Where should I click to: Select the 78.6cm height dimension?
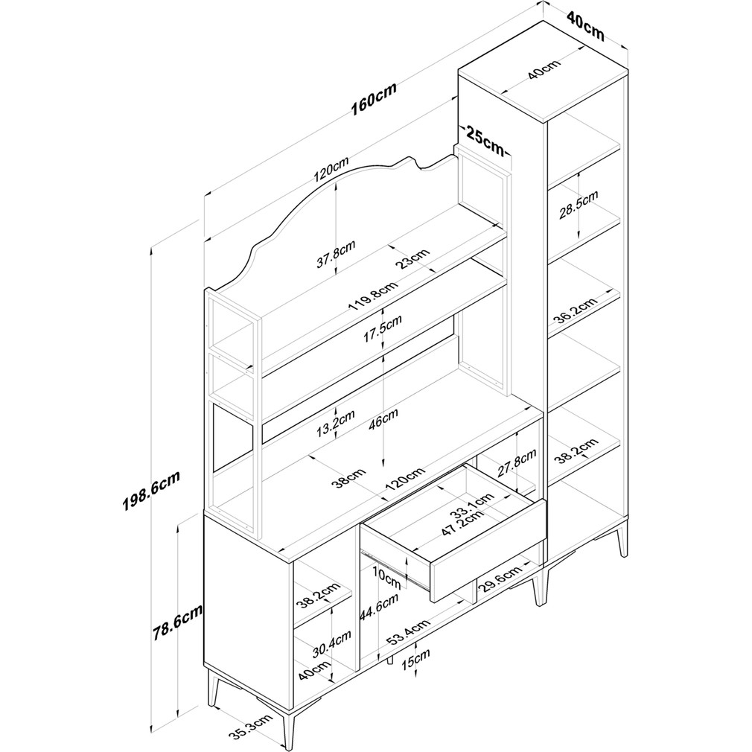(178, 622)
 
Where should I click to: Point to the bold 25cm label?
(485, 139)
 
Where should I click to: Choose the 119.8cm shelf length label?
(373, 296)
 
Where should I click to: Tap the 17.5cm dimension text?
(383, 328)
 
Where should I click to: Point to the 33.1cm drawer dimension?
(472, 509)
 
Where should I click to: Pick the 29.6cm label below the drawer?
(499, 581)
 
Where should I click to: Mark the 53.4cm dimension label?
(408, 633)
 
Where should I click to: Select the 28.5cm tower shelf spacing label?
(579, 205)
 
